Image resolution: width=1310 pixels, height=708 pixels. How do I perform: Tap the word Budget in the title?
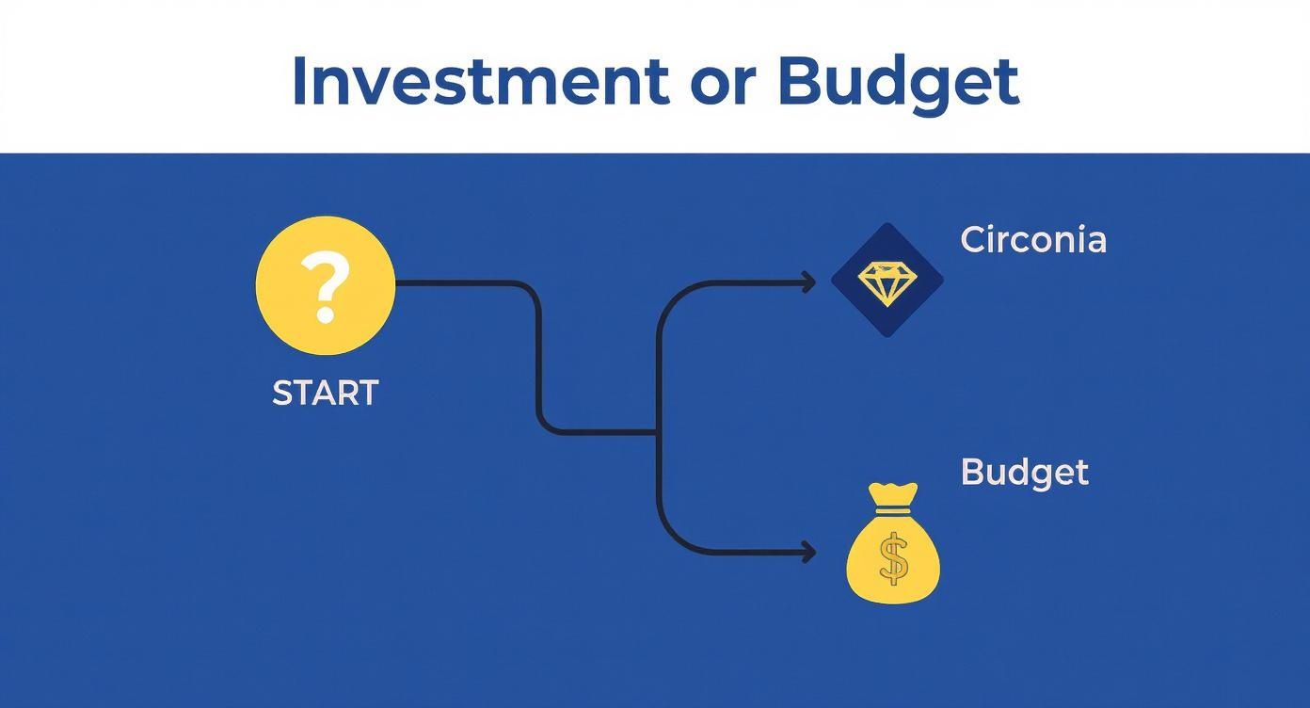[899, 83]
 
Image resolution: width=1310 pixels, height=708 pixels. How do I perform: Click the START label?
[325, 393]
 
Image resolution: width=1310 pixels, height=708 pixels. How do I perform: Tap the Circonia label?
[1033, 240]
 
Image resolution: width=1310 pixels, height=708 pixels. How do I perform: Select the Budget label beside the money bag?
[1024, 472]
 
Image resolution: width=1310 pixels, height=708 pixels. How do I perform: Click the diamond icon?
[886, 281]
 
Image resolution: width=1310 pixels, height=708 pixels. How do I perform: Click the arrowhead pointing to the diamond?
[808, 281]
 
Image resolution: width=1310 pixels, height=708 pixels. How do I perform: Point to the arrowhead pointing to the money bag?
[808, 553]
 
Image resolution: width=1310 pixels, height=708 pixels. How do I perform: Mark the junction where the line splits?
[657, 432]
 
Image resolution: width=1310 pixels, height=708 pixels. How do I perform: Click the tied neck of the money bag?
[893, 509]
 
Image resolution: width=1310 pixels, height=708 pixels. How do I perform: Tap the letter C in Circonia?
[973, 240]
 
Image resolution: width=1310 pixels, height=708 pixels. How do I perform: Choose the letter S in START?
[280, 393]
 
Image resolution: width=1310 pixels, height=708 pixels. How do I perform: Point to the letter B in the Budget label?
[971, 472]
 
